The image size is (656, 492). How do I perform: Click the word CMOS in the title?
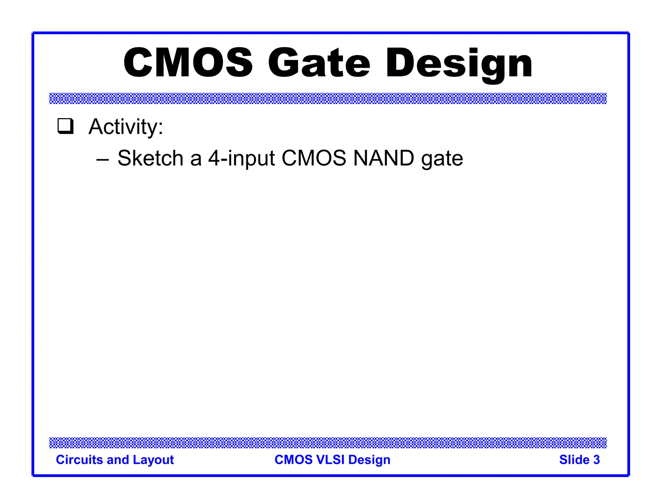[188, 63]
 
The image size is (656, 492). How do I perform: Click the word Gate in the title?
[319, 63]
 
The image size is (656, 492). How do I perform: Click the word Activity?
[126, 127]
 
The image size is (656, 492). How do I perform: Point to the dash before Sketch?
[103, 159]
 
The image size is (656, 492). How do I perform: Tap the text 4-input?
[242, 159]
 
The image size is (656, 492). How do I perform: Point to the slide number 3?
[596, 460]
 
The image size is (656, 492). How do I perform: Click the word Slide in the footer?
[574, 460]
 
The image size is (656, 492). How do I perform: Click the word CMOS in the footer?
[293, 460]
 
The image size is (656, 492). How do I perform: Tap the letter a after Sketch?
[196, 159]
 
